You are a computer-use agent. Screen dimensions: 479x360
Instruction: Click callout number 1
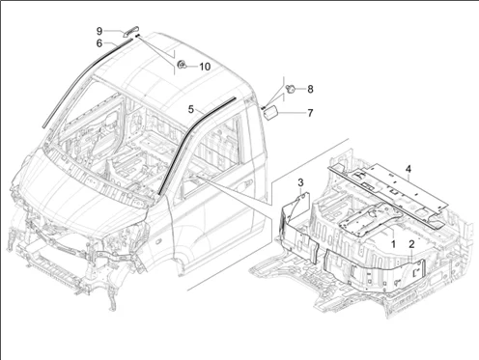(x=393, y=244)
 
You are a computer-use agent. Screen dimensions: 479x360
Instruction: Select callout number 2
(x=411, y=244)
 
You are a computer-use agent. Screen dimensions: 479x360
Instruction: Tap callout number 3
(x=300, y=182)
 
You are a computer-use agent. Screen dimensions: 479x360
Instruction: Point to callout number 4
(x=409, y=169)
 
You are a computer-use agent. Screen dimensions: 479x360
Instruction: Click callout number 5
(x=191, y=109)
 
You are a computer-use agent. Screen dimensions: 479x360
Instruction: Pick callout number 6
(x=99, y=42)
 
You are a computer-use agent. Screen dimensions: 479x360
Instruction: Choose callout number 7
(x=310, y=113)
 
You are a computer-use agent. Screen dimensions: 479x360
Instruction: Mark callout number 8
(x=310, y=89)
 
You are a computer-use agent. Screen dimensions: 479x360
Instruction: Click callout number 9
(x=99, y=31)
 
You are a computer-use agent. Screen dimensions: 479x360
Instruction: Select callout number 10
(x=205, y=67)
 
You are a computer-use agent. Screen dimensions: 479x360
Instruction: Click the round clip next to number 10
(x=182, y=65)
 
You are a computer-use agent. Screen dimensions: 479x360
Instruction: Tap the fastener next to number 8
(x=291, y=88)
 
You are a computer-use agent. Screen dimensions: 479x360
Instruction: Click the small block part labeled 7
(x=270, y=113)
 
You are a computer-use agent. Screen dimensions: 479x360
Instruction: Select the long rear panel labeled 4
(x=388, y=193)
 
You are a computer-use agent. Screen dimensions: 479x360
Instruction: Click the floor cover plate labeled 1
(x=370, y=218)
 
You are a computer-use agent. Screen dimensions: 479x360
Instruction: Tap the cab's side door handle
(x=248, y=182)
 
